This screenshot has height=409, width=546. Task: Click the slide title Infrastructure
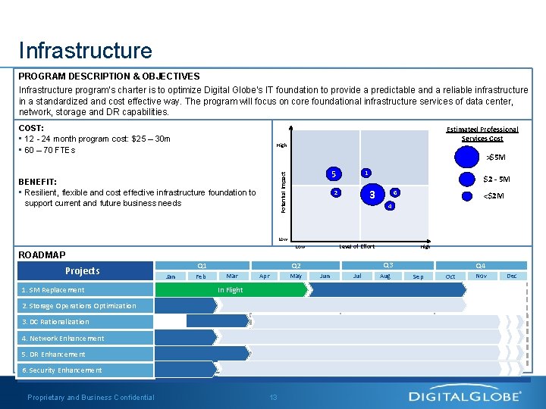(x=86, y=51)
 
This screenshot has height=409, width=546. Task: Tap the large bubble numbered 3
(x=372, y=195)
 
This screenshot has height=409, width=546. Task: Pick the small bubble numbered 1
(x=366, y=173)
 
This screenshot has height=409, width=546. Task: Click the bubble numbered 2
(x=336, y=192)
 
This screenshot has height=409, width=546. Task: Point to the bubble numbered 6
(x=395, y=192)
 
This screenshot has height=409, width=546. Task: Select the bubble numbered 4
(x=388, y=205)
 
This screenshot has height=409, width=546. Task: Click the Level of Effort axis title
(x=356, y=246)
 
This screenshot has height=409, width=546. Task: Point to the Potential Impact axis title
(x=283, y=190)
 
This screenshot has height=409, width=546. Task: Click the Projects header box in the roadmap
(x=82, y=271)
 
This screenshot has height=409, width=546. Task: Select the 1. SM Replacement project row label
(x=53, y=290)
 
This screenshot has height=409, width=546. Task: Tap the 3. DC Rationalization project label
(x=55, y=322)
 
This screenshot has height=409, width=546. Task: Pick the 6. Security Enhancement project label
(x=61, y=370)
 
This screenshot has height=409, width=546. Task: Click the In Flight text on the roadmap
(x=231, y=289)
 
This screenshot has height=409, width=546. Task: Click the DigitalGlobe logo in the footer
(x=465, y=396)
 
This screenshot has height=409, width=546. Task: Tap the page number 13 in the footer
(x=274, y=398)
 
